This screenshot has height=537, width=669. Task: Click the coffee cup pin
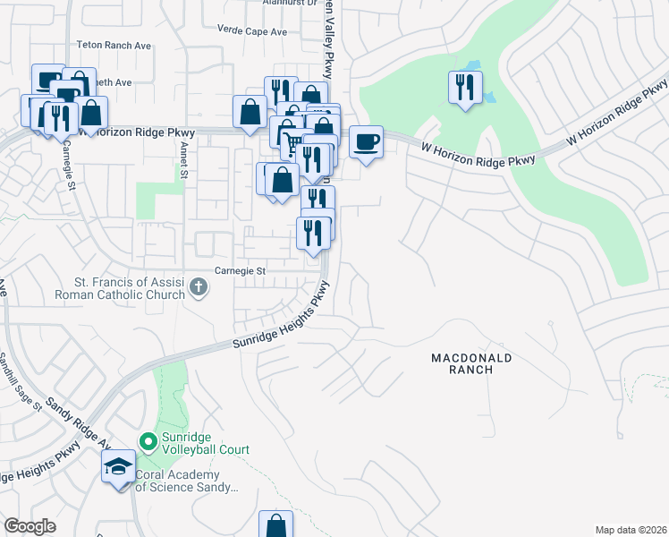[x=365, y=141]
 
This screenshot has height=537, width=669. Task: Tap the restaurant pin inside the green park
[x=464, y=87]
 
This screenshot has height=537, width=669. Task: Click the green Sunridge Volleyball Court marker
[x=148, y=441]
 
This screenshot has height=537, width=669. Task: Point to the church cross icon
[x=199, y=288]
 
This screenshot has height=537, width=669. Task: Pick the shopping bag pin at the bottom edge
[x=275, y=525]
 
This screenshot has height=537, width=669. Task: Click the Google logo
[x=30, y=526]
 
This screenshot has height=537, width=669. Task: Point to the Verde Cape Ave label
[x=252, y=31]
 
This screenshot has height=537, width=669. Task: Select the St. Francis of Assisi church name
[x=119, y=287]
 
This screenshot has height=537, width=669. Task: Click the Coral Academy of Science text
[x=186, y=482]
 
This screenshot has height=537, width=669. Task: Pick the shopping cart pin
[x=292, y=141]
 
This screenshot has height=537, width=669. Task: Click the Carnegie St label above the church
[x=240, y=270]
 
